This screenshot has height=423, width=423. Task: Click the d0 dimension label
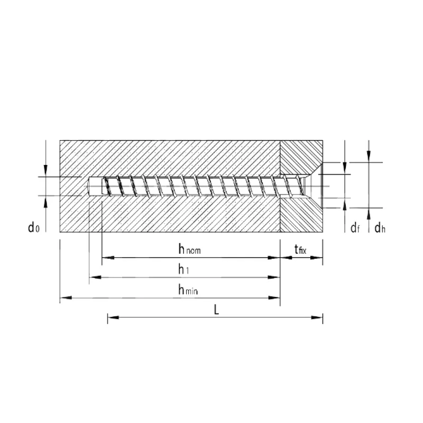click(34, 228)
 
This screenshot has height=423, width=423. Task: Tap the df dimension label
click(355, 228)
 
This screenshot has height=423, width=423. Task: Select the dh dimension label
click(380, 228)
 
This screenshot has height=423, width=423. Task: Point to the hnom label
click(189, 249)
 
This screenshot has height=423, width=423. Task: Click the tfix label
click(300, 250)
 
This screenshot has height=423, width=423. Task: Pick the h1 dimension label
click(183, 269)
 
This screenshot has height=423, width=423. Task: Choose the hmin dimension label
click(188, 290)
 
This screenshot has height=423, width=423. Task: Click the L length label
click(216, 310)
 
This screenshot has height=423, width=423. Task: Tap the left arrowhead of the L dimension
click(113, 317)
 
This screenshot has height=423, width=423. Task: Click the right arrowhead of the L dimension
click(317, 317)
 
